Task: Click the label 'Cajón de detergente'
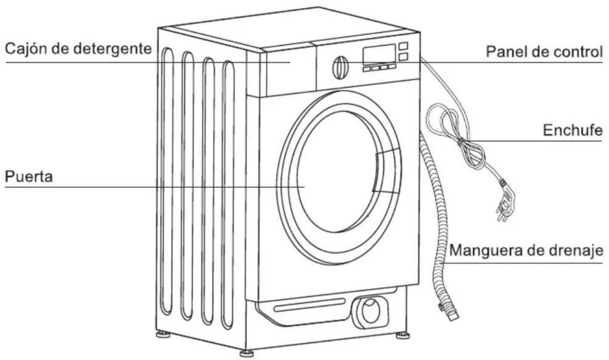tap(78, 49)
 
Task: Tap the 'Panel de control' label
tap(544, 52)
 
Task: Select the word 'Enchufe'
tap(573, 130)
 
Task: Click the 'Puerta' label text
tap(29, 177)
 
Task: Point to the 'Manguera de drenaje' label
tap(526, 250)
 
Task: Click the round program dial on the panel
tap(340, 67)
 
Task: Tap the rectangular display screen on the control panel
tap(379, 54)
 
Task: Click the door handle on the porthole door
tap(387, 171)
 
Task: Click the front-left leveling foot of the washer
tap(247, 353)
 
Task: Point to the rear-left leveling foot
tap(163, 334)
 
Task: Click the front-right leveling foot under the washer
tap(403, 336)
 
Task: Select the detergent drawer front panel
tap(290, 73)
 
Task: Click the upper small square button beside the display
tap(403, 46)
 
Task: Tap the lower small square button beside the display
tap(403, 57)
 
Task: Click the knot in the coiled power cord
tap(461, 141)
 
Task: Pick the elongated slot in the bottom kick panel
tap(310, 305)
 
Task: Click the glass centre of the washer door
tap(337, 172)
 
